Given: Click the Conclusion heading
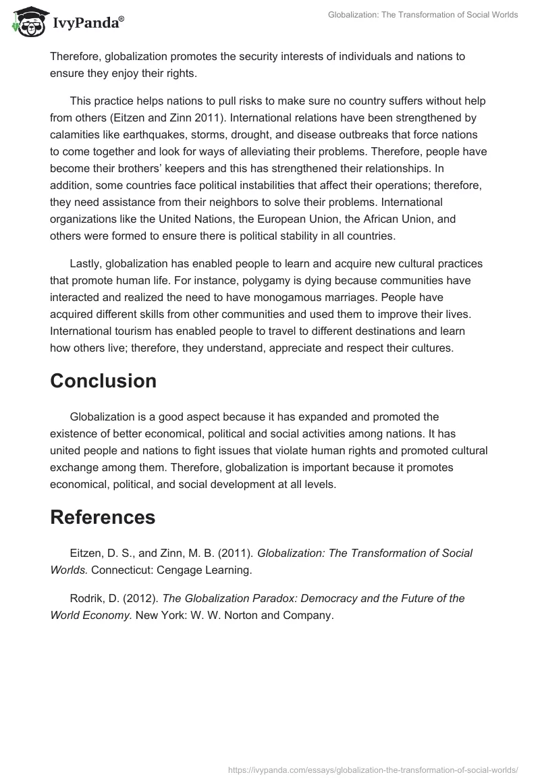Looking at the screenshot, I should (103, 381).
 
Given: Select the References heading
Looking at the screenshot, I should (103, 517).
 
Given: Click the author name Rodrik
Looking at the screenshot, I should (86, 598).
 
